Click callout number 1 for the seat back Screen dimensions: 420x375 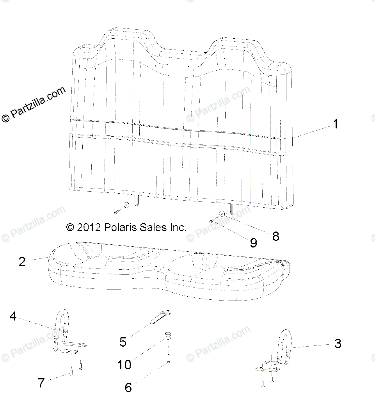tap(335, 124)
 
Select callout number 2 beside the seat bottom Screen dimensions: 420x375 tap(22, 262)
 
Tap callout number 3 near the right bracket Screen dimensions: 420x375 tap(338, 343)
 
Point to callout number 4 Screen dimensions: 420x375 tap(13, 316)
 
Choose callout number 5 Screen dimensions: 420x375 tap(123, 342)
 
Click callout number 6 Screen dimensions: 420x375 tap(128, 388)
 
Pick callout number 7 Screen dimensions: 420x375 tap(41, 383)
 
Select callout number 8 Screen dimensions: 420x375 tap(276, 236)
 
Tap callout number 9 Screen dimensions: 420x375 tap(254, 243)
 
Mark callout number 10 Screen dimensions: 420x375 tap(124, 365)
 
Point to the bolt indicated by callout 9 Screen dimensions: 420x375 tap(212, 221)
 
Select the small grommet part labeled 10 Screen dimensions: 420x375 tap(168, 335)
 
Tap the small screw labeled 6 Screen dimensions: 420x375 tap(168, 358)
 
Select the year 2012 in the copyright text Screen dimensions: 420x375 tap(89, 228)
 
